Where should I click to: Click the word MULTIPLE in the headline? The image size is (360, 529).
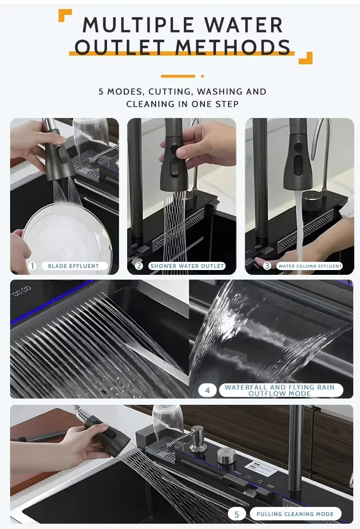(139, 25)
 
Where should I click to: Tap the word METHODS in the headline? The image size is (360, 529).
(232, 47)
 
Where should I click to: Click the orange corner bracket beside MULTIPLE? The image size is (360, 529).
(65, 15)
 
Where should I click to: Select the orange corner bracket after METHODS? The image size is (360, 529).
(306, 58)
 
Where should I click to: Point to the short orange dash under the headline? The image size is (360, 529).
(178, 76)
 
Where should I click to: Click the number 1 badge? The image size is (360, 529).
(33, 266)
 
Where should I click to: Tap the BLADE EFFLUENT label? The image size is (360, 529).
(73, 266)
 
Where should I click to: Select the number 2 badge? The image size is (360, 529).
(139, 266)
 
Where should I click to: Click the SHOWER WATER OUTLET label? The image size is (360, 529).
(187, 266)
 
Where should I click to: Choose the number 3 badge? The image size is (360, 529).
(267, 266)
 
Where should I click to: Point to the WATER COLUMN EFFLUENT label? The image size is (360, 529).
(310, 266)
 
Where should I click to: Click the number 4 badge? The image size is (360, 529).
(207, 390)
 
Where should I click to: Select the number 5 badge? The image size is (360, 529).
(236, 514)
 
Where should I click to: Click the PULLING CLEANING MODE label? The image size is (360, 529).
(295, 514)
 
